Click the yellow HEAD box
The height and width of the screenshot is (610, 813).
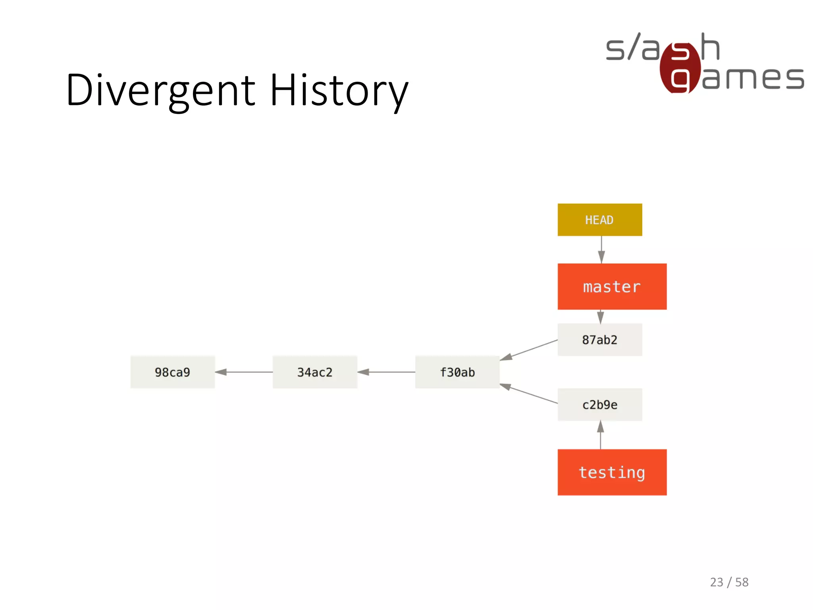tap(599, 220)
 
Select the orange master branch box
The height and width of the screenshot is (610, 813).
tap(612, 286)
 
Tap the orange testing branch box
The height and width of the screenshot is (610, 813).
tap(612, 472)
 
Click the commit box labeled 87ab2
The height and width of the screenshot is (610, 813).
tap(599, 340)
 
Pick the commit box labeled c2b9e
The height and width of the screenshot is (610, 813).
tap(599, 405)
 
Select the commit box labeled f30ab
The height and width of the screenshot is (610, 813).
tap(457, 372)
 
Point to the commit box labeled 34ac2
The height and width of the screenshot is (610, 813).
tap(314, 372)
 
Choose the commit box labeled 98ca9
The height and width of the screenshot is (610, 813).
tap(172, 372)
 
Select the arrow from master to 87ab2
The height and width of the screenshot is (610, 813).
tap(601, 317)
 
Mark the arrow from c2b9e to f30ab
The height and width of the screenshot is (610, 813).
tap(528, 394)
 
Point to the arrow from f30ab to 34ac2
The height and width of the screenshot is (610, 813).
tap(386, 372)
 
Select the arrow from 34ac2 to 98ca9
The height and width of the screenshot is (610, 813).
tap(244, 372)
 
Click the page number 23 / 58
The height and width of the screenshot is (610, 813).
tap(729, 582)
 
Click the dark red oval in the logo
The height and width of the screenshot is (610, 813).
tap(680, 68)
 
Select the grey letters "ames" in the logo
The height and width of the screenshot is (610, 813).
tap(753, 78)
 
